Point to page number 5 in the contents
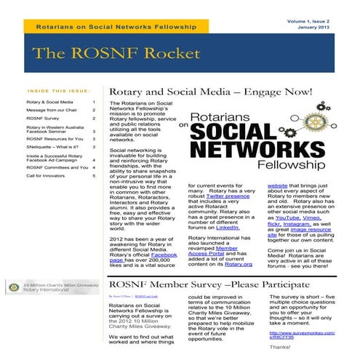(94, 175)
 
